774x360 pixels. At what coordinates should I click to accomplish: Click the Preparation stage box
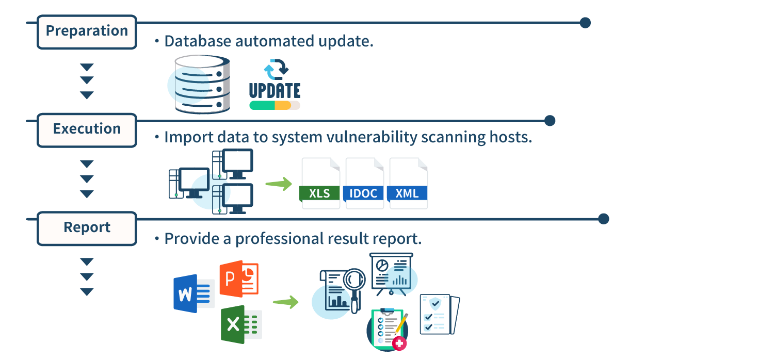pos(87,32)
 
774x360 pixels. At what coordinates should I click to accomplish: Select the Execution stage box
pos(87,130)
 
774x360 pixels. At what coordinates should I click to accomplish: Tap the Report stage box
pos(87,228)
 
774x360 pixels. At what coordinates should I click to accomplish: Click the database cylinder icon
pos(202,84)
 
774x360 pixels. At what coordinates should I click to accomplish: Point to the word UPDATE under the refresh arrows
pos(275,91)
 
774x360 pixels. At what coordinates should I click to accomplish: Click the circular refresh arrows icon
pos(276,69)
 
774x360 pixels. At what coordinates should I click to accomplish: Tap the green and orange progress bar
pos(275,105)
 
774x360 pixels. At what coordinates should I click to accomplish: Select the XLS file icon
pos(319,183)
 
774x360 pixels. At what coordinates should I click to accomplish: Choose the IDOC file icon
pos(363,183)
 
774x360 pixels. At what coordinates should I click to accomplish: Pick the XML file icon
pos(408,183)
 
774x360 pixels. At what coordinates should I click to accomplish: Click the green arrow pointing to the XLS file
pos(279,184)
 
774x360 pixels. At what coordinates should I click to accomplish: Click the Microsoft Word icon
pos(194,293)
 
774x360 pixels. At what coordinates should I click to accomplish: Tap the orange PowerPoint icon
pos(239,279)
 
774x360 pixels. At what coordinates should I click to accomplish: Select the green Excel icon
pos(241,324)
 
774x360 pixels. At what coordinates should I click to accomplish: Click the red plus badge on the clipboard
pos(399,343)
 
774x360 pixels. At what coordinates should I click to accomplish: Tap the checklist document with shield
pos(440,315)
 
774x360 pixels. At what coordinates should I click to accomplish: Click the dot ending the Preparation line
pos(585,23)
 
